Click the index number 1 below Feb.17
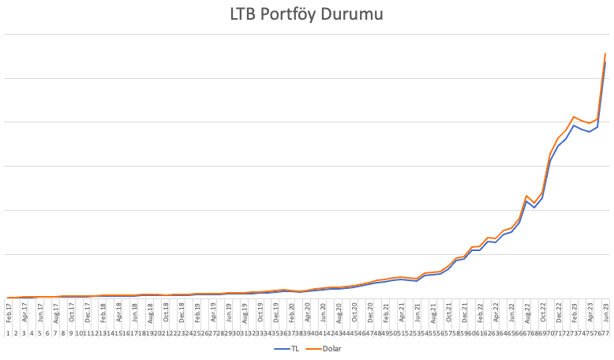pyautogui.click(x=8, y=333)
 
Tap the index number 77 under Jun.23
pyautogui.click(x=605, y=333)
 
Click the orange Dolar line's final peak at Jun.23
pyautogui.click(x=605, y=54)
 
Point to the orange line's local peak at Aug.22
pyautogui.click(x=526, y=196)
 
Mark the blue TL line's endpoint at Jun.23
pyautogui.click(x=605, y=62)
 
